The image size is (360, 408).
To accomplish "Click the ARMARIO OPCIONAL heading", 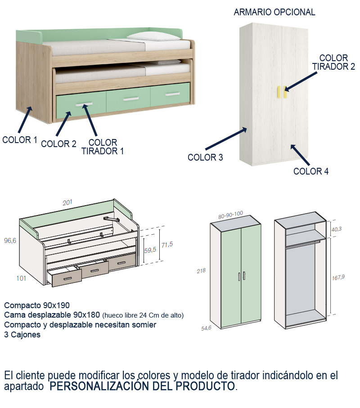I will coord(274,12).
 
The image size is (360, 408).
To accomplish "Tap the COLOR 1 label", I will coord(20,140).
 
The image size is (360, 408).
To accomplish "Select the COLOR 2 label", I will coord(58,144).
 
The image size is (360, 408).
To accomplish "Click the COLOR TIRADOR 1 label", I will coord(103,147).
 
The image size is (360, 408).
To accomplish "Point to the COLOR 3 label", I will coord(205,157).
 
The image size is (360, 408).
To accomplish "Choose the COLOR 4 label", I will coord(311,171).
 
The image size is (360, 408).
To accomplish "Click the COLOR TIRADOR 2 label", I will coord(333,63).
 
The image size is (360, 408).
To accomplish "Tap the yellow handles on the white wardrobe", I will coord(282,91).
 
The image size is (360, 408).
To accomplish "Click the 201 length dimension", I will coord(67,203).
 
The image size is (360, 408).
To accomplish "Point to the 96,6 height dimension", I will coord(10,241).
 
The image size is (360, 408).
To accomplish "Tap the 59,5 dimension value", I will coord(150,250).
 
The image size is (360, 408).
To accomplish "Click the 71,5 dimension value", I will coord(167,245).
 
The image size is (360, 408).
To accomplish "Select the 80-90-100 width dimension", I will coord(230,216).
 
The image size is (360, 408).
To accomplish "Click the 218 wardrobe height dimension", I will coord(202,271).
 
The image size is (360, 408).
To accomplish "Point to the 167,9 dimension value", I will coord(338,277).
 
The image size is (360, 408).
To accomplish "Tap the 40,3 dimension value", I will coord(337,229).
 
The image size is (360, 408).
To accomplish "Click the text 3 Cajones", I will coord(22,335).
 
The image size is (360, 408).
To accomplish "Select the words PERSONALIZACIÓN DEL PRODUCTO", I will coord(142,386).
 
